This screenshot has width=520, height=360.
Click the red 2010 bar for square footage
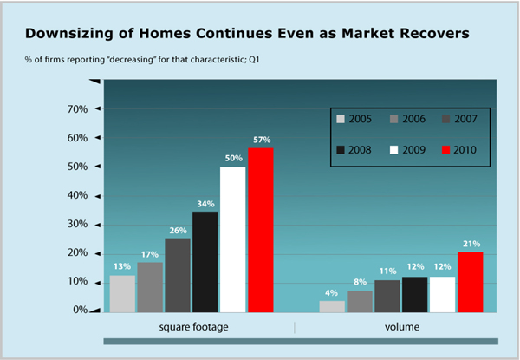(x=262, y=230)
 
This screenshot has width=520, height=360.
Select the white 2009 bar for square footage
(x=233, y=239)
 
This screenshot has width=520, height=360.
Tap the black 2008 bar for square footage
(x=205, y=261)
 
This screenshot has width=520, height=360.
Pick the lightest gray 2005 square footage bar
(x=122, y=293)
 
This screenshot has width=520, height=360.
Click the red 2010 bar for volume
(x=471, y=282)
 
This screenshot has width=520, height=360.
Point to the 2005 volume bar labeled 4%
(x=331, y=306)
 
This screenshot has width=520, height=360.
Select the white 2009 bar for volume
(x=443, y=294)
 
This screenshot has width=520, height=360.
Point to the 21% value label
(x=471, y=245)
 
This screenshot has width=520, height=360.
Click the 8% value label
(x=359, y=282)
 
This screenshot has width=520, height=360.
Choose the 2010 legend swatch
(x=446, y=150)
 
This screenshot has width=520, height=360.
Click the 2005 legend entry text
(x=361, y=119)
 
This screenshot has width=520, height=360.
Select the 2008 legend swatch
(x=340, y=150)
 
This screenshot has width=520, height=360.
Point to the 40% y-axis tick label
(x=78, y=196)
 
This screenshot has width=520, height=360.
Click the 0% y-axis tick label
(x=81, y=310)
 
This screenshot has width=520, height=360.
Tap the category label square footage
(x=199, y=328)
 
